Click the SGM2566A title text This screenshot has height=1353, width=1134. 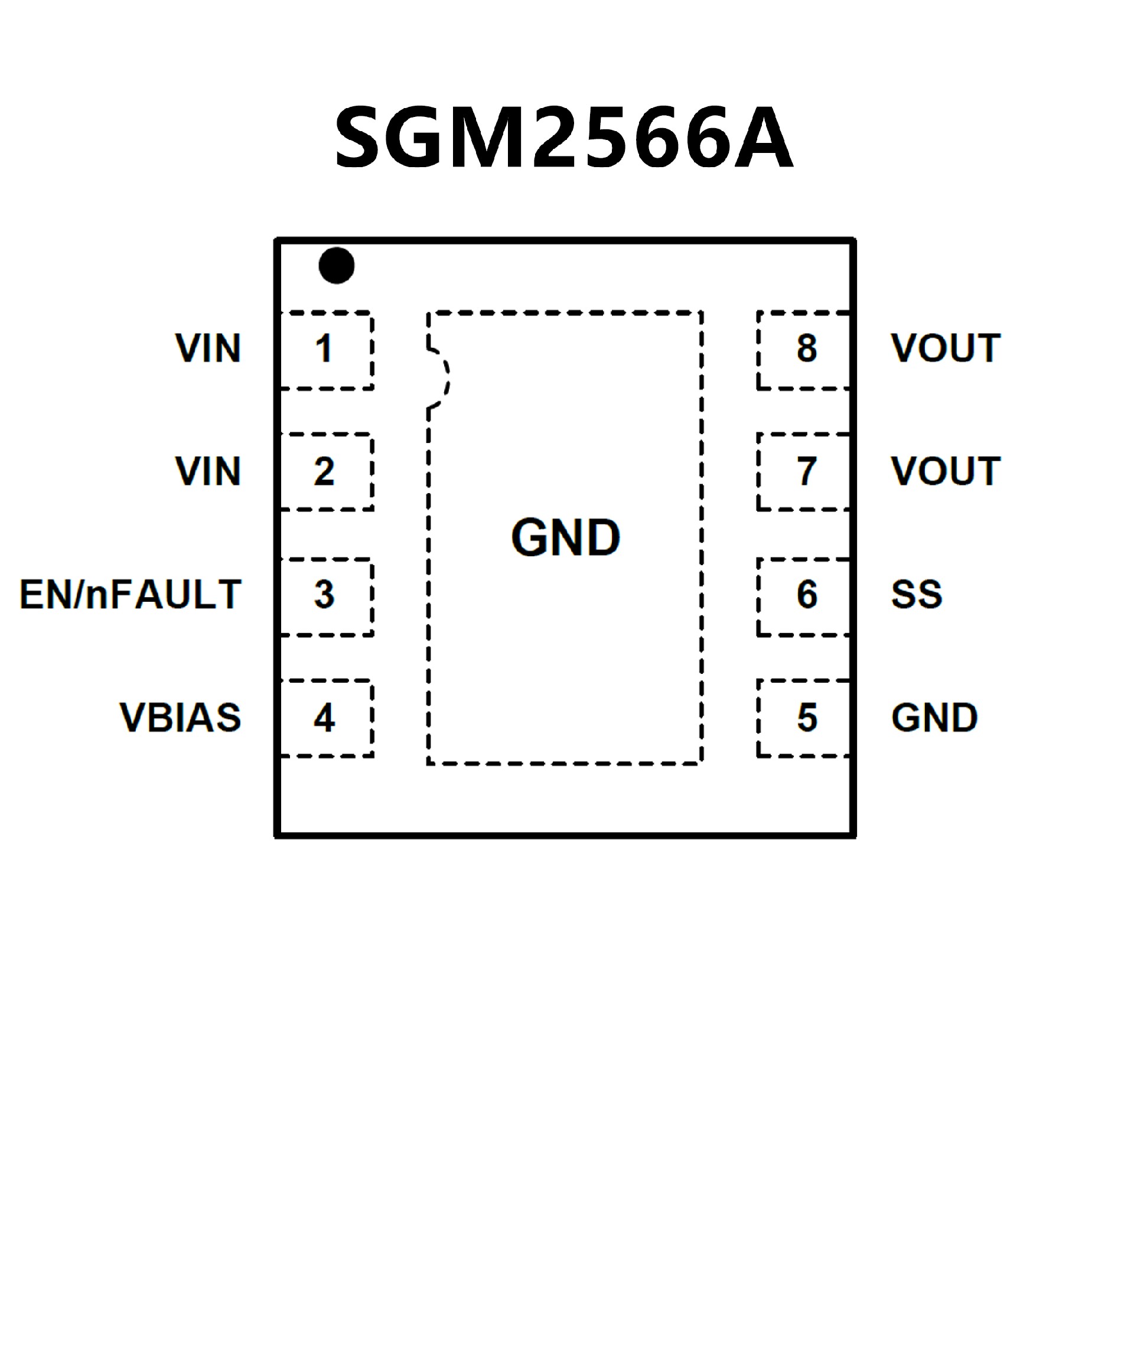(x=564, y=137)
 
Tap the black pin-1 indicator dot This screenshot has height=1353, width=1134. (x=336, y=265)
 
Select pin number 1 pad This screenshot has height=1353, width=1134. (x=325, y=350)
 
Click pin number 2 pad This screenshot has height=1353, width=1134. (x=325, y=472)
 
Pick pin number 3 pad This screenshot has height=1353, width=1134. (x=325, y=595)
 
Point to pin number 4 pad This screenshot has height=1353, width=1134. (x=325, y=718)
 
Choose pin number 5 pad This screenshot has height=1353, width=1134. (x=806, y=718)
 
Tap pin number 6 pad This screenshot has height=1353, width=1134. (x=806, y=595)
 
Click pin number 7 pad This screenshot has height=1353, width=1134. (x=806, y=472)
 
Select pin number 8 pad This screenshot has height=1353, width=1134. (x=806, y=350)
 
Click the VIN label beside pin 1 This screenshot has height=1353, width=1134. (x=208, y=348)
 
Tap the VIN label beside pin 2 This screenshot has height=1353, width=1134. (x=208, y=471)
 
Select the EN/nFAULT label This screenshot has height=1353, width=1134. (x=130, y=594)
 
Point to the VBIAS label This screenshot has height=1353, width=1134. (x=180, y=717)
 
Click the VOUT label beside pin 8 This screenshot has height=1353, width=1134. (x=945, y=348)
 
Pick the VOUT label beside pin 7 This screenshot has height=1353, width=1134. (x=945, y=471)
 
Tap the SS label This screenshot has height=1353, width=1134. (x=916, y=594)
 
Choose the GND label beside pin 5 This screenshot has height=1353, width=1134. (x=934, y=717)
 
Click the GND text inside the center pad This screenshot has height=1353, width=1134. (x=565, y=537)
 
